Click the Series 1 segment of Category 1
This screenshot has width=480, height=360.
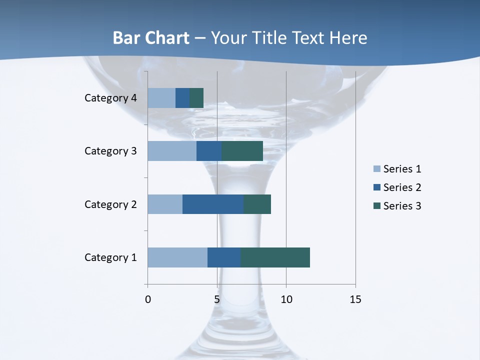(x=177, y=257)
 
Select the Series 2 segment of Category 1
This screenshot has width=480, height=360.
(x=224, y=257)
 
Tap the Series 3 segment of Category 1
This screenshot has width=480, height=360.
(x=275, y=257)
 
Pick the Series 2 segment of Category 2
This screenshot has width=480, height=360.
(x=213, y=204)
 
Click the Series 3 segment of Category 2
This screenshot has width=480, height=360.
(x=257, y=204)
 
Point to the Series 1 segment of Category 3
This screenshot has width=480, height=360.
(x=172, y=151)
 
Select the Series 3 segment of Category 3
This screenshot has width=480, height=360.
(x=242, y=151)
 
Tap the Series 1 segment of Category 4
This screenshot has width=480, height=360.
(x=161, y=98)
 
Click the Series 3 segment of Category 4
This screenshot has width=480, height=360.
(x=196, y=98)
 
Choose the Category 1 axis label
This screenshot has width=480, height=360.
(x=110, y=257)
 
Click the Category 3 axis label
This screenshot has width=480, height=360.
(x=110, y=151)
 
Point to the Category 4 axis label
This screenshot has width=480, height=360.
(x=110, y=98)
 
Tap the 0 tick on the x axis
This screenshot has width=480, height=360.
(x=148, y=299)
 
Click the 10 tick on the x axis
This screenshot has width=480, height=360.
(x=286, y=299)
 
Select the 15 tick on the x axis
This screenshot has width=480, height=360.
(x=355, y=299)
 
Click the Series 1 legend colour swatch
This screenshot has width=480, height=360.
(x=377, y=169)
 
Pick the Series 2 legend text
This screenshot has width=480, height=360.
(x=402, y=187)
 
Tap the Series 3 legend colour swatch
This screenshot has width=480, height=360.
(x=377, y=206)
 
